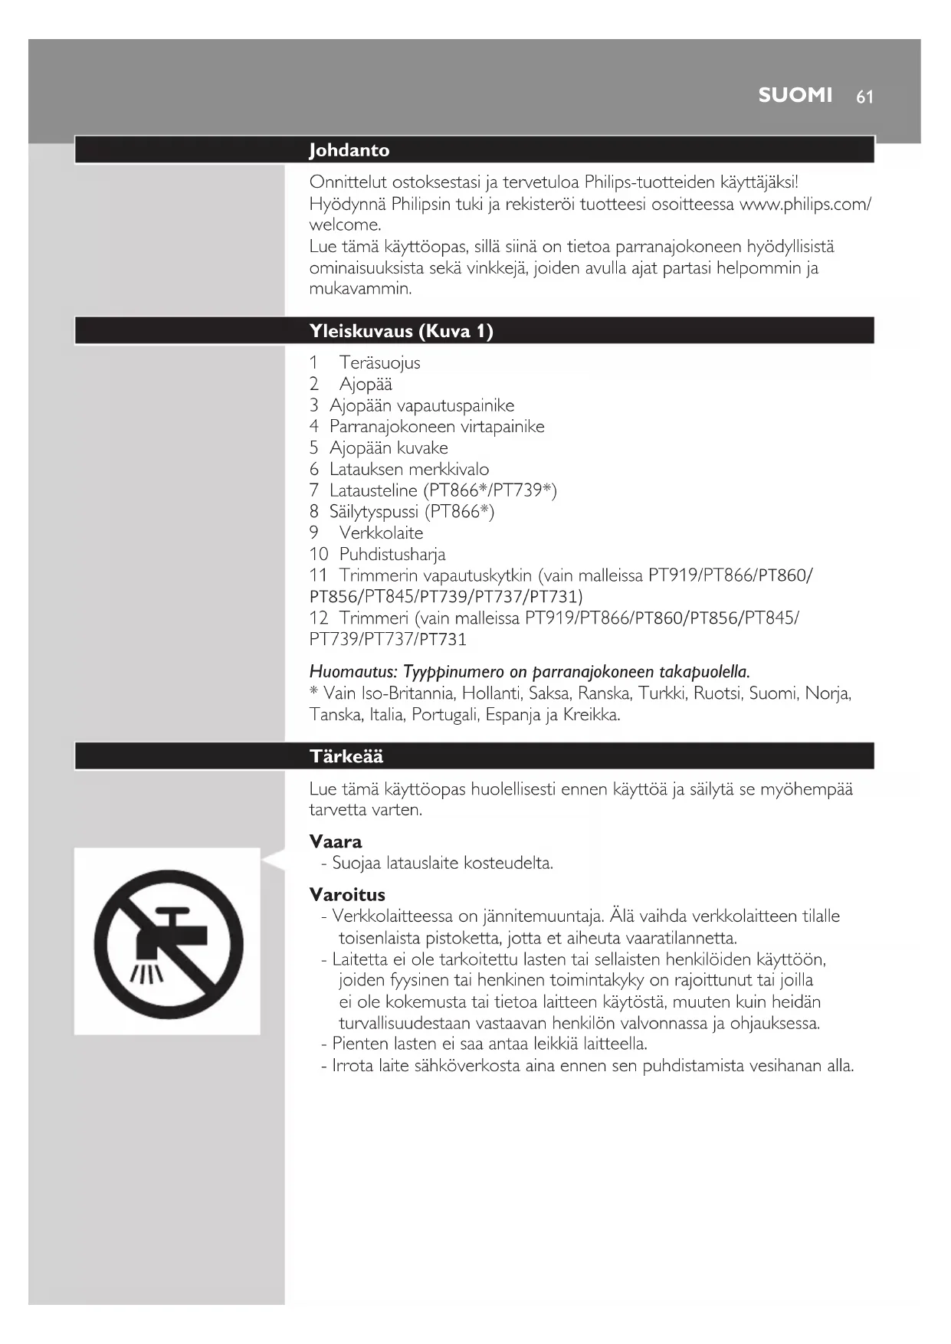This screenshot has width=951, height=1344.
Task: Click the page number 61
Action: click(x=864, y=97)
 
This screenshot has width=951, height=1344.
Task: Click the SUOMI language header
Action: click(x=795, y=95)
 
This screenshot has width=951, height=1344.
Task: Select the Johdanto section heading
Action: click(x=349, y=150)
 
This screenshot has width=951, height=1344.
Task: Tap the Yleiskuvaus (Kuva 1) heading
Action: click(x=401, y=331)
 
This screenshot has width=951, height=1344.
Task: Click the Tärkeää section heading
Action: click(x=346, y=756)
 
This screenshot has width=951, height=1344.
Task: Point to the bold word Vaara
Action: click(x=335, y=841)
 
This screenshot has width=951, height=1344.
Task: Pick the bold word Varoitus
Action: click(x=346, y=894)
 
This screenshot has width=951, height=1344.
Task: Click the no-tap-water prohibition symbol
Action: click(x=168, y=943)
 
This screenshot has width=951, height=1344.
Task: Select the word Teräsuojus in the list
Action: click(x=379, y=362)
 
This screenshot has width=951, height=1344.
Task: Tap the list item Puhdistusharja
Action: click(x=392, y=554)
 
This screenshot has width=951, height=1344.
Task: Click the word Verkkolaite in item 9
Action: click(x=381, y=533)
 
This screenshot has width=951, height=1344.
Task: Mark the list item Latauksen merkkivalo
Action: click(x=408, y=469)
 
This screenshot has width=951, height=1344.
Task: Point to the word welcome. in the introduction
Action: click(x=345, y=225)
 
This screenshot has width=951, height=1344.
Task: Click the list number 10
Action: click(x=318, y=554)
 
